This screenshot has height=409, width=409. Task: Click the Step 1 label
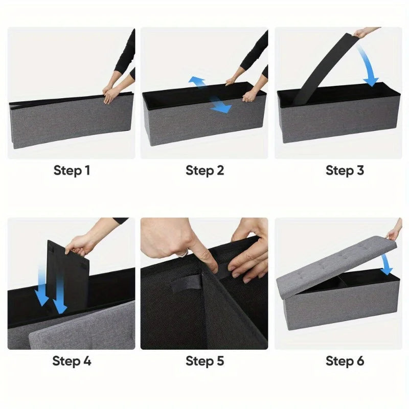click(x=72, y=170)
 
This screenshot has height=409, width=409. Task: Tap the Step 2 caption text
click(x=205, y=170)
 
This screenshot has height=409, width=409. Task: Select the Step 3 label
click(x=345, y=170)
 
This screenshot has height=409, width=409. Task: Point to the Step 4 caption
click(x=72, y=361)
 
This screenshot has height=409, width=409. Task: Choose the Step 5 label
click(x=205, y=361)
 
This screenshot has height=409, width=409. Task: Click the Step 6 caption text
click(x=345, y=361)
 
